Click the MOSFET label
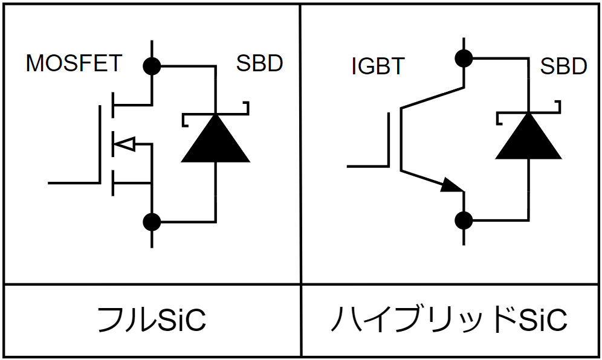click(x=74, y=63)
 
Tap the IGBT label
click(x=377, y=66)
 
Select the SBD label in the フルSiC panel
click(x=259, y=63)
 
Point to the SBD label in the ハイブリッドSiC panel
click(x=563, y=66)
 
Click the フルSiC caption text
click(x=152, y=320)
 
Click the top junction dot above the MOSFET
click(x=152, y=65)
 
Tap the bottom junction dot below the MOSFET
click(x=152, y=222)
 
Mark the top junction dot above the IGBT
click(x=464, y=59)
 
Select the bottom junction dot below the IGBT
click(x=464, y=220)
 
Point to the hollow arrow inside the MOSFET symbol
click(x=126, y=144)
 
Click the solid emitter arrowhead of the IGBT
click(x=451, y=185)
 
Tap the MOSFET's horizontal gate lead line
click(x=73, y=182)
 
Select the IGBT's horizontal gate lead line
click(x=367, y=165)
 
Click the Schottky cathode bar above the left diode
click(x=216, y=114)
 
